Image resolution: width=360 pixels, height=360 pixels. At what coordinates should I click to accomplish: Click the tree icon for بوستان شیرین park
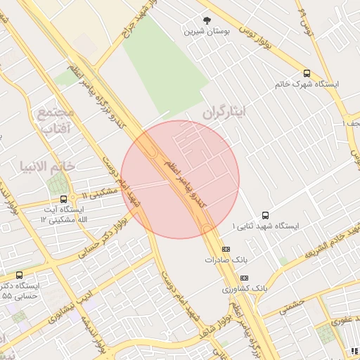coord(207,21)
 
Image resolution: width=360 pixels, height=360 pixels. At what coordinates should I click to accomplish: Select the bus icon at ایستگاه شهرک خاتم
coord(306,73)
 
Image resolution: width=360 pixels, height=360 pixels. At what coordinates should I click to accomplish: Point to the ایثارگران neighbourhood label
coord(226,112)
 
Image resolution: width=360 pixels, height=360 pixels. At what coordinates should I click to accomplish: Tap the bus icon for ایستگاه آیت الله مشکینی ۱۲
coord(63,199)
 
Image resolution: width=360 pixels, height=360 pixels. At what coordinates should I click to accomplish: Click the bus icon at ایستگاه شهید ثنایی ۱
coord(265,215)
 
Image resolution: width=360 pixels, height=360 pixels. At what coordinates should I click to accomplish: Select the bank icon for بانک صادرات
coord(226,249)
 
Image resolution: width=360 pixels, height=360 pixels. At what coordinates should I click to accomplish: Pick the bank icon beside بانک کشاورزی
coord(244,278)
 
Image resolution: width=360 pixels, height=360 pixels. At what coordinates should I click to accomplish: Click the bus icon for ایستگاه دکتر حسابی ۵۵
coord(18,275)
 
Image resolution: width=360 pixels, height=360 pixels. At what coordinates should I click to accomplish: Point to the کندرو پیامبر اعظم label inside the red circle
coord(184,184)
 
